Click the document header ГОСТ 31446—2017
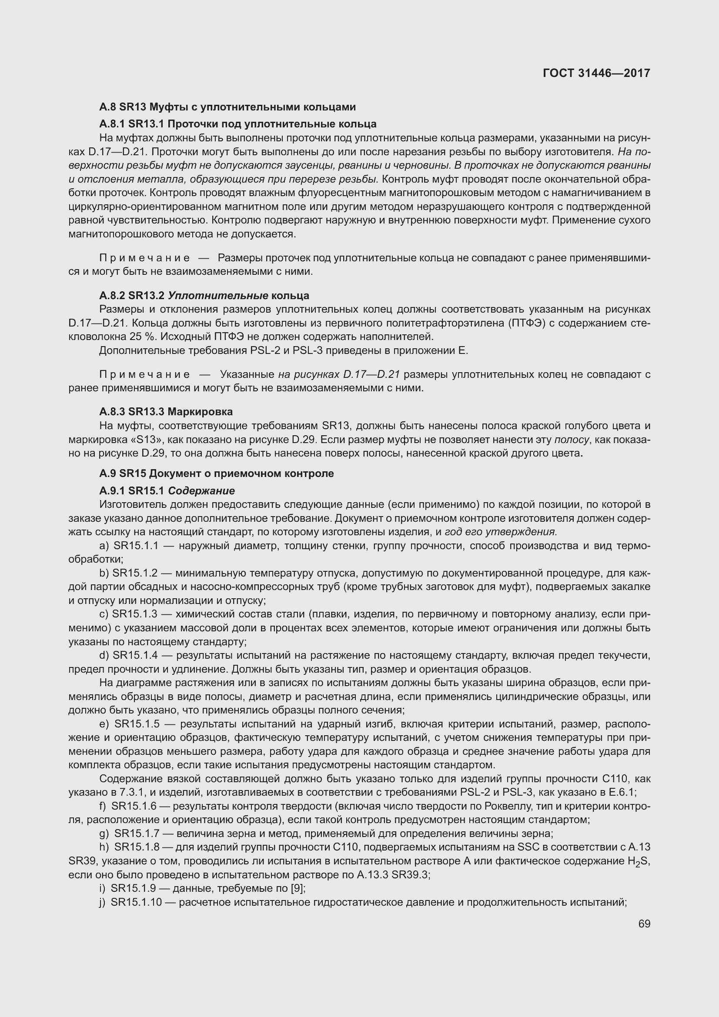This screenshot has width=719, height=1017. [x=596, y=73]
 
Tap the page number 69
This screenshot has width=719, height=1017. [x=644, y=924]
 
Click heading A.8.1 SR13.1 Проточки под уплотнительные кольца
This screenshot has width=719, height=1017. [x=238, y=124]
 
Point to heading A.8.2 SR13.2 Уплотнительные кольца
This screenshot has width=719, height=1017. [x=204, y=295]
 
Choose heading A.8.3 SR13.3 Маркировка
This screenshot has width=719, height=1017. [x=166, y=411]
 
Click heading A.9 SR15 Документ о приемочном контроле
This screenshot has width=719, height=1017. [x=216, y=473]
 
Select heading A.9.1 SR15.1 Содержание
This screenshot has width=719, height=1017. [x=167, y=491]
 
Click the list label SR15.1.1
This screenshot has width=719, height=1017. [x=136, y=546]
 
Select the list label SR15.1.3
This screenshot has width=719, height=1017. [x=135, y=614]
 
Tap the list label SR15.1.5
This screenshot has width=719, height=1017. [x=137, y=724]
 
